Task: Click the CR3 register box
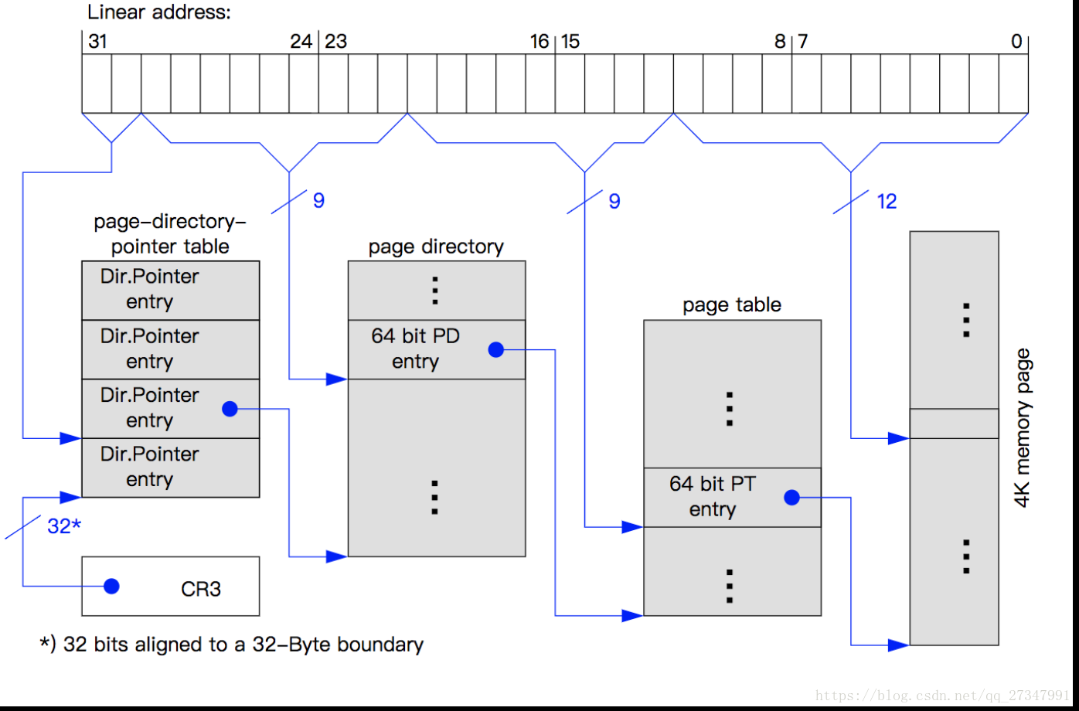point(170,587)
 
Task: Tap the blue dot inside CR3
point(111,587)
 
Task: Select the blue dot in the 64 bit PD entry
point(496,350)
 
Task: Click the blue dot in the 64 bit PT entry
point(791,498)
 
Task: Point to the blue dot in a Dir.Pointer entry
point(230,409)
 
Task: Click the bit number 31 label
point(97,42)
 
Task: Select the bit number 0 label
point(1016,42)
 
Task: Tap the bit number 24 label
point(301,42)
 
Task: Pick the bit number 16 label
point(539,42)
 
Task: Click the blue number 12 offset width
point(887,202)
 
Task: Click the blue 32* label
point(64,526)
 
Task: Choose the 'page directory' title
point(436,247)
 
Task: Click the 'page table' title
point(731,305)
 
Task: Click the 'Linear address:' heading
point(159,12)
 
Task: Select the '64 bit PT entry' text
point(713,496)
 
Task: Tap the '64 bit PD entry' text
point(415,349)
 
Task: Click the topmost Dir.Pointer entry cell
point(170,290)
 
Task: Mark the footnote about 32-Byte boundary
point(232,645)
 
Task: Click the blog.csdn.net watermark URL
point(942,696)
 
